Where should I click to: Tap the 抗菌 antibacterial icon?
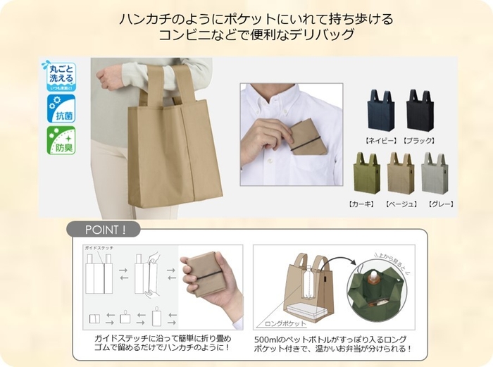(61, 109)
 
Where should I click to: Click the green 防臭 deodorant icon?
(61, 141)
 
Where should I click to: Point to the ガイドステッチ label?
(99, 249)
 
